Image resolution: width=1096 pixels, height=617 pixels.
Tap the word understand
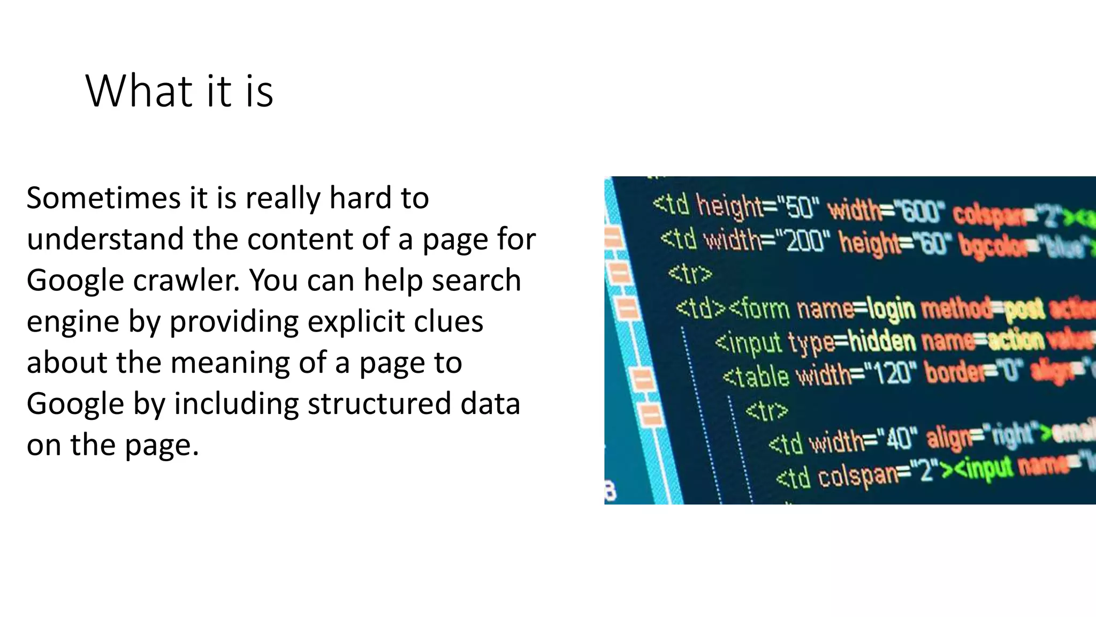(106, 239)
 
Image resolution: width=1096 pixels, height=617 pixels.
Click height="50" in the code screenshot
(757, 207)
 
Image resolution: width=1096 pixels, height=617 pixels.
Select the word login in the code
(890, 310)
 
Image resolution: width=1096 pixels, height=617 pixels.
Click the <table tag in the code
(756, 377)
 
